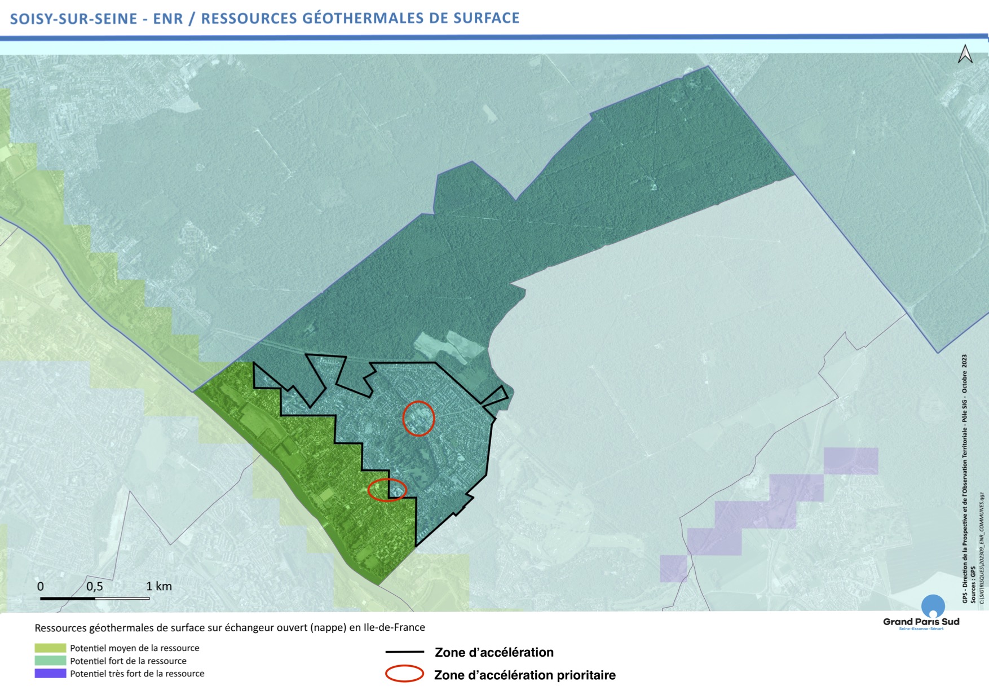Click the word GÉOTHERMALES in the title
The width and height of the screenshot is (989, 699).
(x=363, y=18)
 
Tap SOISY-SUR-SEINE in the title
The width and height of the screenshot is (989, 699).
(x=74, y=19)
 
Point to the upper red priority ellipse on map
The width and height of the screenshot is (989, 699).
(x=418, y=418)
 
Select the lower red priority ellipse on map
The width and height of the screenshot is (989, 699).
(x=387, y=490)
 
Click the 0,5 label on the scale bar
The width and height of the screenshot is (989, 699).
(x=95, y=586)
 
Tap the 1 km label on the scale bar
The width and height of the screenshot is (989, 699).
(x=159, y=586)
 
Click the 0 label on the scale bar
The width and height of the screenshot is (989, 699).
(x=41, y=586)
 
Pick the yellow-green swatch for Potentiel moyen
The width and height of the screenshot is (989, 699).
(x=50, y=648)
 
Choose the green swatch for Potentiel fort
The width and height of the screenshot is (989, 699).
(x=50, y=661)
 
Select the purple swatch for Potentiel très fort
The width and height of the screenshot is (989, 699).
(x=50, y=674)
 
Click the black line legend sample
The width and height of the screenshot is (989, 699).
(x=404, y=652)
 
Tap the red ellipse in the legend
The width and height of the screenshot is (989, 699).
(x=404, y=674)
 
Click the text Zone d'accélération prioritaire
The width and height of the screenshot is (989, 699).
(x=524, y=675)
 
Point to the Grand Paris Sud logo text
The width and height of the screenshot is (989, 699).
(x=921, y=622)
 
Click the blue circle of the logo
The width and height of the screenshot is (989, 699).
(x=933, y=606)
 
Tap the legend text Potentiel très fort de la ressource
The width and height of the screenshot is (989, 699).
(x=137, y=674)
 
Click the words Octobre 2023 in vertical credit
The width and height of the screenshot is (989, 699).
(x=965, y=373)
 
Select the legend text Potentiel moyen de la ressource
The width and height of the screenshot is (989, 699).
(x=134, y=648)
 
